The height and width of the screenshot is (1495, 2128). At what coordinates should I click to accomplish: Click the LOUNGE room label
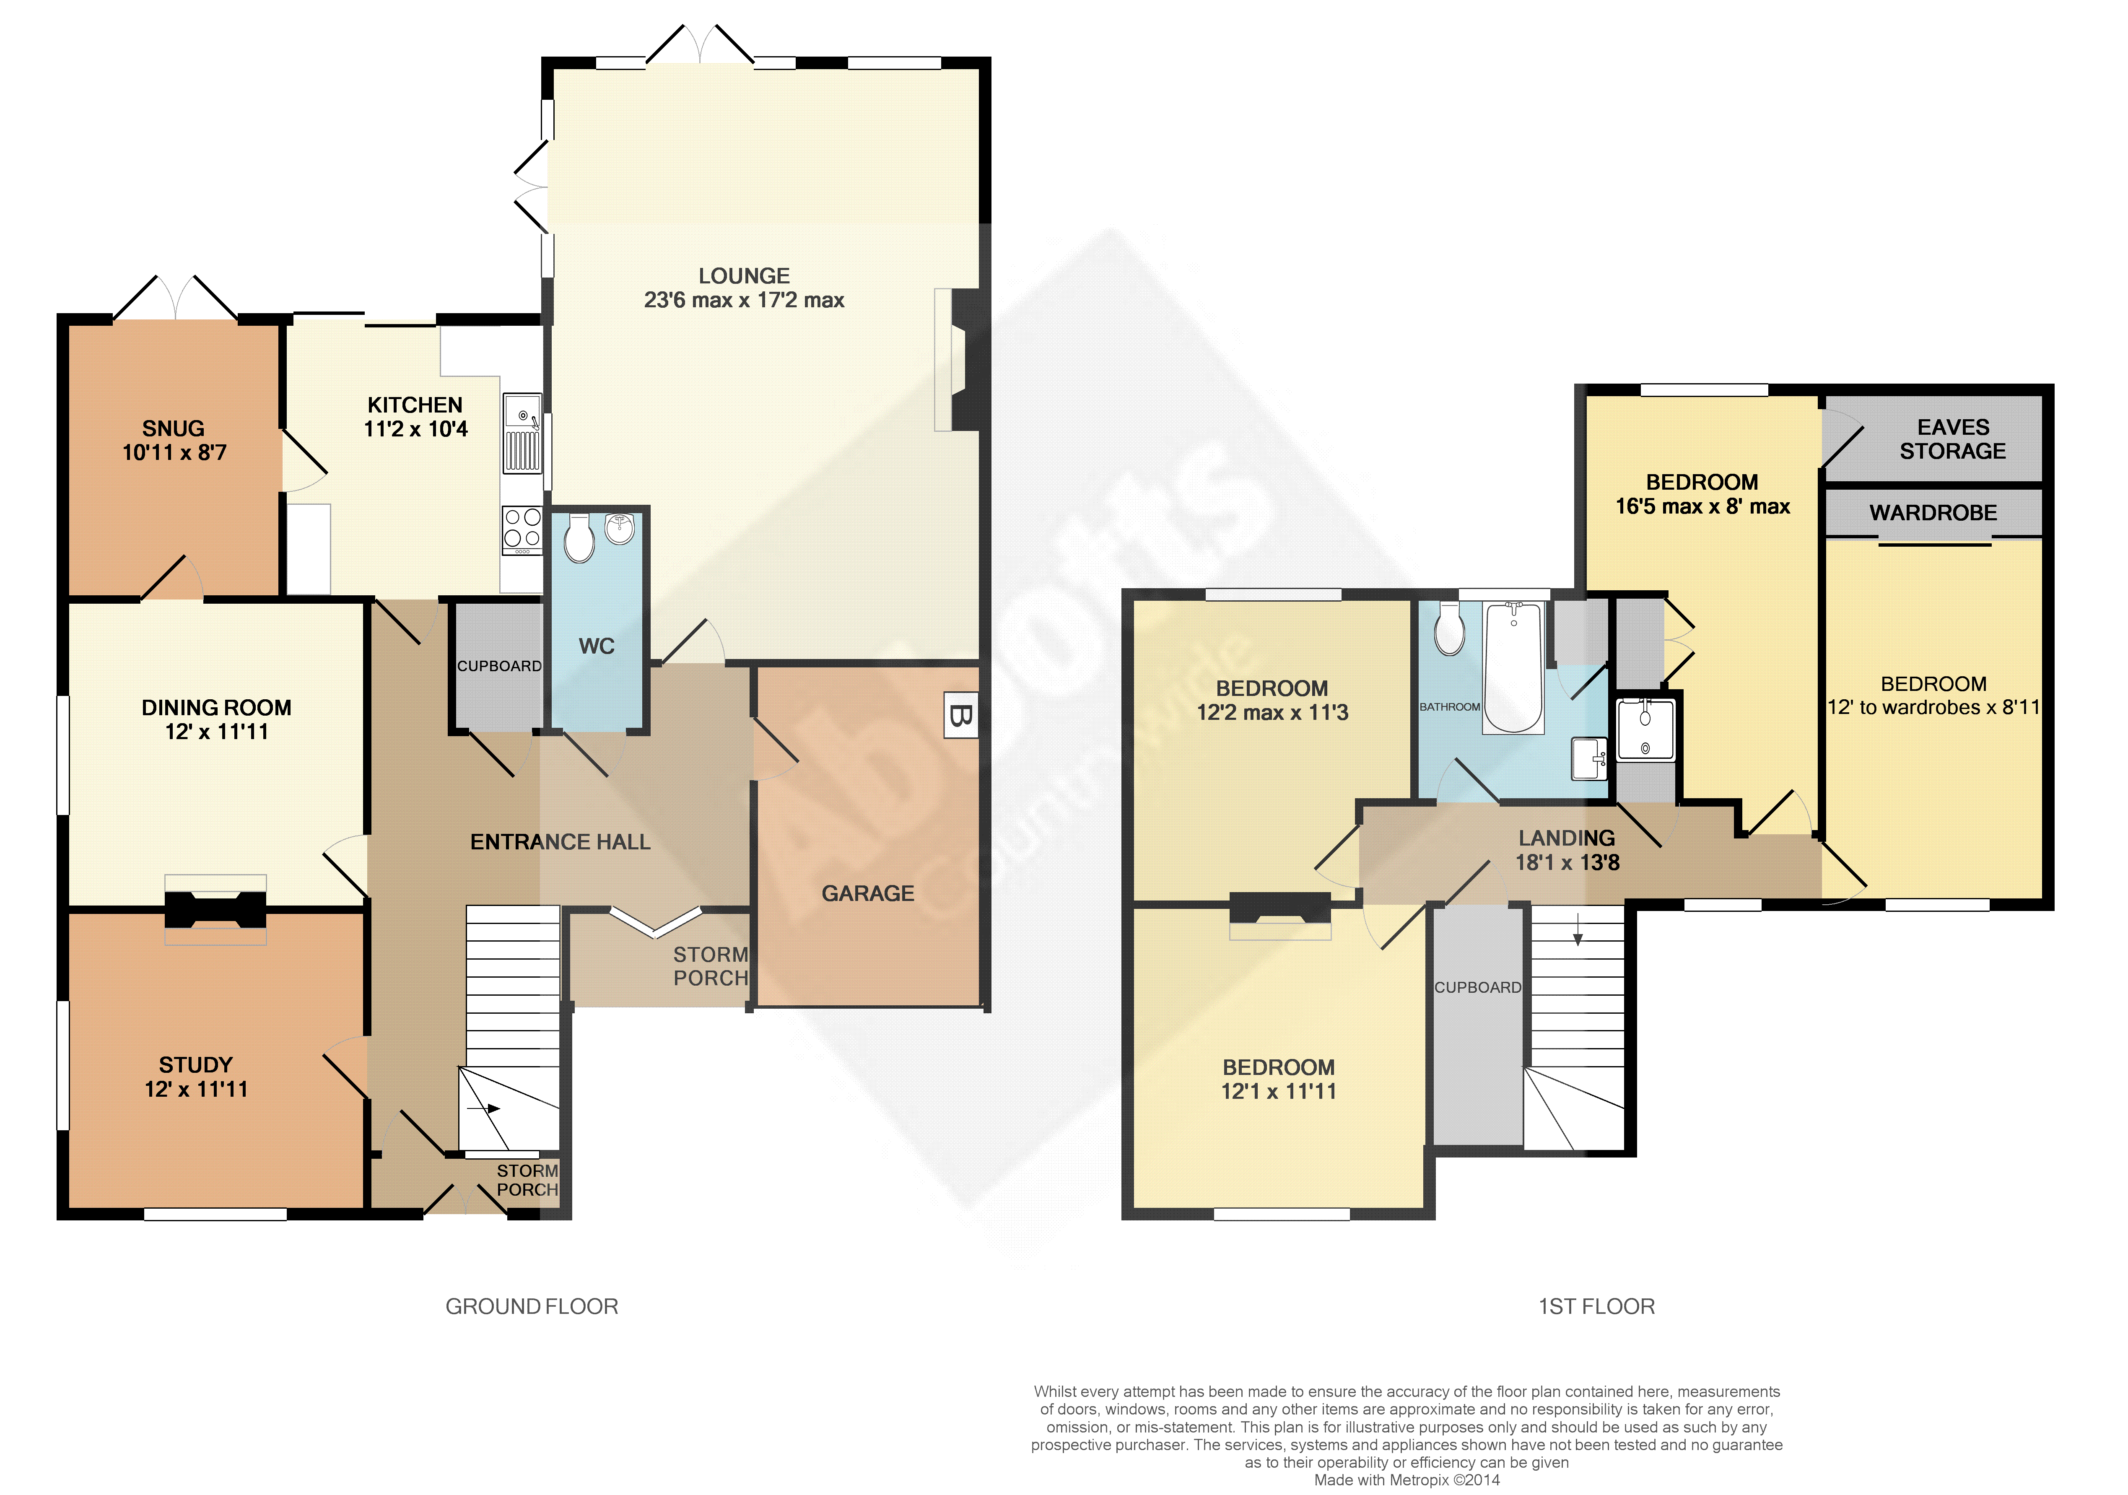click(744, 276)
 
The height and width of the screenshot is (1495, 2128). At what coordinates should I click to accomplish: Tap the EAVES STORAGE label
click(1953, 439)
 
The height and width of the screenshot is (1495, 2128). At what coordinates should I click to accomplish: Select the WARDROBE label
click(1933, 513)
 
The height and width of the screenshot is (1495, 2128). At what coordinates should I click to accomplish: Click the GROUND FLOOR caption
click(532, 1307)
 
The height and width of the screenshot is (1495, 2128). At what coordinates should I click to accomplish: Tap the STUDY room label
click(195, 1065)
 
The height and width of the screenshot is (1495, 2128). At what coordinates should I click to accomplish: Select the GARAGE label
click(867, 893)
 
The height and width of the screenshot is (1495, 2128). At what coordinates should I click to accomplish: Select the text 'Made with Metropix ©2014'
click(1407, 1480)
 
